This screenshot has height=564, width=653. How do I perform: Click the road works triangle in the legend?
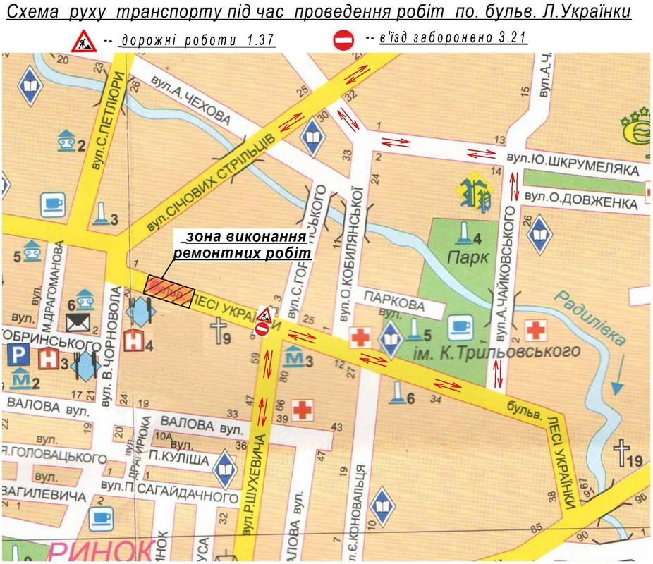83,41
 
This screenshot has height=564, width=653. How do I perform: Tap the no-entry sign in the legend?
343,40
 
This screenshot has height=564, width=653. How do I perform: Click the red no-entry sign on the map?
262,328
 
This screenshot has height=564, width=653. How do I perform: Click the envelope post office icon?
76,322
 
